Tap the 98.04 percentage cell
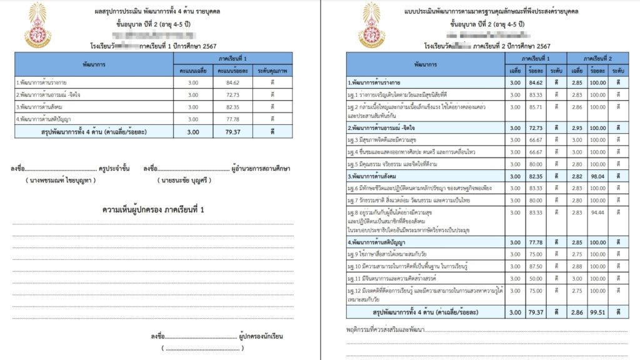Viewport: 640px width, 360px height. pos(597,177)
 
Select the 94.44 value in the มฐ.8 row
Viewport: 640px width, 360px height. pos(597,212)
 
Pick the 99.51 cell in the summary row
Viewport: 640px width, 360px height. pos(597,312)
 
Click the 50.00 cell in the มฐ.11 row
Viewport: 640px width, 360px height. pos(535,277)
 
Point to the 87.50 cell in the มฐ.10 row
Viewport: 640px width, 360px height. pos(535,266)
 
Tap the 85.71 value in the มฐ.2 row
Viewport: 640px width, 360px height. pos(535,107)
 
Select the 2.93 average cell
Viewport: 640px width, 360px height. pos(577,128)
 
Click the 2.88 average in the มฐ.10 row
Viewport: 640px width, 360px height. pos(577,266)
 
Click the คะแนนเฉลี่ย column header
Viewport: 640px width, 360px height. pos(193,71)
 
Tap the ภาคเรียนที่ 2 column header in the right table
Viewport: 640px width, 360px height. pos(597,57)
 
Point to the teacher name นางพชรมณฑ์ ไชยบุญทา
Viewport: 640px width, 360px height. pos(56,180)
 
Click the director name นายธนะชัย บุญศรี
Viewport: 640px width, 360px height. pos(186,180)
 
